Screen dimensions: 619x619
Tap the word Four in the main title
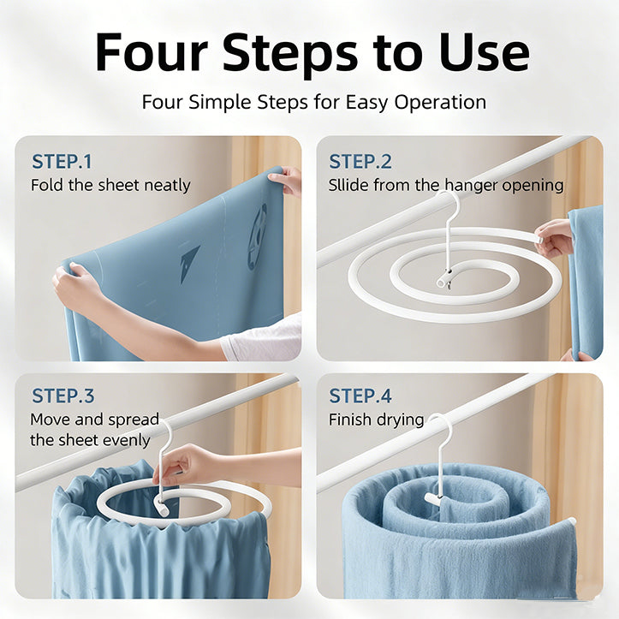coord(149,52)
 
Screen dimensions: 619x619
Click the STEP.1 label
coord(62,161)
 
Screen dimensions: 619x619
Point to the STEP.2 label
coord(360,161)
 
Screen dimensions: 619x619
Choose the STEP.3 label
coord(62,396)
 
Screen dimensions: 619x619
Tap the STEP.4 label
coord(360,396)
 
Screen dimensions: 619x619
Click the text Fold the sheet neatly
coord(110,185)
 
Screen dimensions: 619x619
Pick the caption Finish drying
coord(376,420)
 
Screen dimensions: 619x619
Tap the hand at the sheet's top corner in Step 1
coord(288,181)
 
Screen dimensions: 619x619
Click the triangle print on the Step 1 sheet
coord(189,261)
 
